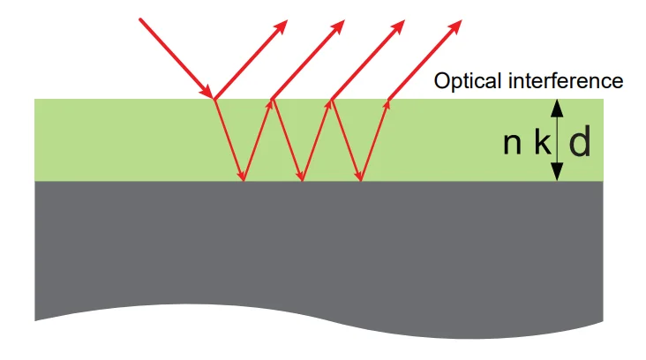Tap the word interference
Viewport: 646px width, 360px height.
pyautogui.click(x=567, y=81)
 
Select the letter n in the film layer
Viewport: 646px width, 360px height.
pyautogui.click(x=512, y=142)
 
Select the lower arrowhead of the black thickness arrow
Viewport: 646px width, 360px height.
pyautogui.click(x=556, y=175)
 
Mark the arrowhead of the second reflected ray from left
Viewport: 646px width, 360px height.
pyautogui.click(x=341, y=23)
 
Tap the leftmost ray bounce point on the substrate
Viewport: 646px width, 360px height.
pyautogui.click(x=244, y=181)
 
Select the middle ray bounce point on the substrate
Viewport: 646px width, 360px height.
pyautogui.click(x=302, y=181)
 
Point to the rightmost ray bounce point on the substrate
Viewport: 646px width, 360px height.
pyautogui.click(x=360, y=181)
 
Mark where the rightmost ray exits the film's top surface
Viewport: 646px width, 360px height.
pyautogui.click(x=388, y=99)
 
